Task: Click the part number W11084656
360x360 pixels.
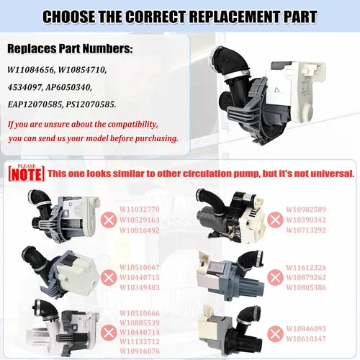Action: (x=31, y=70)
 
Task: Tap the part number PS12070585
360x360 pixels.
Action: (x=91, y=104)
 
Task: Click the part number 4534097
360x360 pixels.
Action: (x=24, y=87)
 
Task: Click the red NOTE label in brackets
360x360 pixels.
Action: (x=27, y=174)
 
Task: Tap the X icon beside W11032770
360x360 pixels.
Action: (x=109, y=220)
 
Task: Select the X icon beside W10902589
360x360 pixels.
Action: (x=275, y=220)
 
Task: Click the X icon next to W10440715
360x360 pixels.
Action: (x=109, y=277)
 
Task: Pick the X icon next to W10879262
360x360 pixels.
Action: (x=275, y=277)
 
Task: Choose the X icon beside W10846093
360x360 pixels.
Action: (x=275, y=333)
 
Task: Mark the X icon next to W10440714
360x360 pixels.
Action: (x=109, y=333)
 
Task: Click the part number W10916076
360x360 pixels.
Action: (x=140, y=351)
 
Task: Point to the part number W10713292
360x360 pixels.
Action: (x=306, y=230)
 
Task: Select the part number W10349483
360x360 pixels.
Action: (x=140, y=287)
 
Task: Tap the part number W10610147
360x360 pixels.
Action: (x=306, y=339)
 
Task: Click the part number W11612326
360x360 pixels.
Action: (x=306, y=268)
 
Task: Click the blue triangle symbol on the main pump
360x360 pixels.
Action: (x=277, y=90)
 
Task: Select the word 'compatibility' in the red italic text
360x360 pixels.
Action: (x=132, y=125)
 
